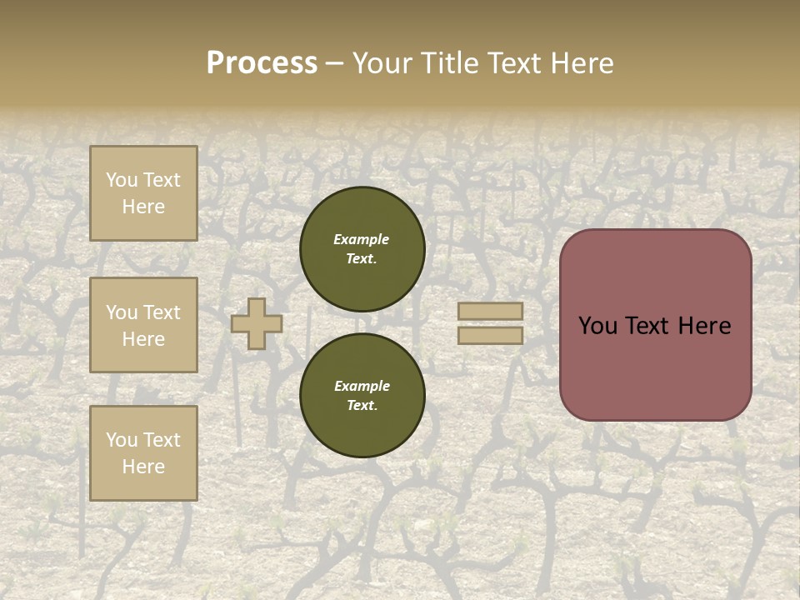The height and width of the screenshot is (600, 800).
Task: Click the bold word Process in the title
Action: click(262, 63)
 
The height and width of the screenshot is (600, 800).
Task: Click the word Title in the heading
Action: click(450, 63)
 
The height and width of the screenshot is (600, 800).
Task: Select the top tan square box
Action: click(143, 193)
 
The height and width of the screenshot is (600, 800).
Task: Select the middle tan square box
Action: click(143, 325)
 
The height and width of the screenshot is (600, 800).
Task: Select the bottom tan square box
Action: click(143, 453)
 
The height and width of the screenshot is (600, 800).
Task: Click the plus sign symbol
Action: click(257, 323)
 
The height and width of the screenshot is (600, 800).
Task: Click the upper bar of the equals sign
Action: click(491, 311)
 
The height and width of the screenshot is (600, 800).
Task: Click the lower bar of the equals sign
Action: click(491, 335)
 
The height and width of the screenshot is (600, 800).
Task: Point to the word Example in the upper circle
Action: click(362, 239)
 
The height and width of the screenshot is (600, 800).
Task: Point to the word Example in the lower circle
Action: click(362, 386)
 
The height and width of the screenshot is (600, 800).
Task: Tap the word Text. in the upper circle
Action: click(362, 259)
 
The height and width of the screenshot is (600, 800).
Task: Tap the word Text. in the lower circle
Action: click(362, 406)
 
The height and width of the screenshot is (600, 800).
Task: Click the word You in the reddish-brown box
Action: click(597, 326)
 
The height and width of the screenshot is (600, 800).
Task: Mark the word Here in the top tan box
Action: click(143, 207)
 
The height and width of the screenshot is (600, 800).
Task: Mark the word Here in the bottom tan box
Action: click(143, 467)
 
